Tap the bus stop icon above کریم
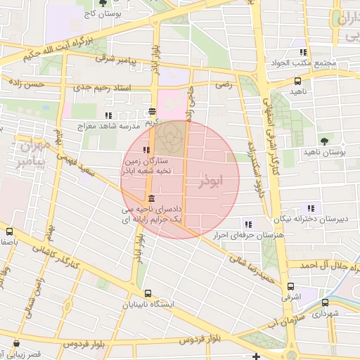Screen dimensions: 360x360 tap(153, 111)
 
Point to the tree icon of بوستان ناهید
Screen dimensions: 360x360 tap(323, 141)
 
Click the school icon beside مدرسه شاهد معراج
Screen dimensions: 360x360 tap(108, 115)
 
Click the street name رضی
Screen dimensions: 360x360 tap(223, 84)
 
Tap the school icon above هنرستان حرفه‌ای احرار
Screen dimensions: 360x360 tap(247, 224)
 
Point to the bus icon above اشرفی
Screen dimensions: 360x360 tap(290, 285)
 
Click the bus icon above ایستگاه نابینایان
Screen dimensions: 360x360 tap(148, 293)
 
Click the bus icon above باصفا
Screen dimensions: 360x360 tap(10, 231)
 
